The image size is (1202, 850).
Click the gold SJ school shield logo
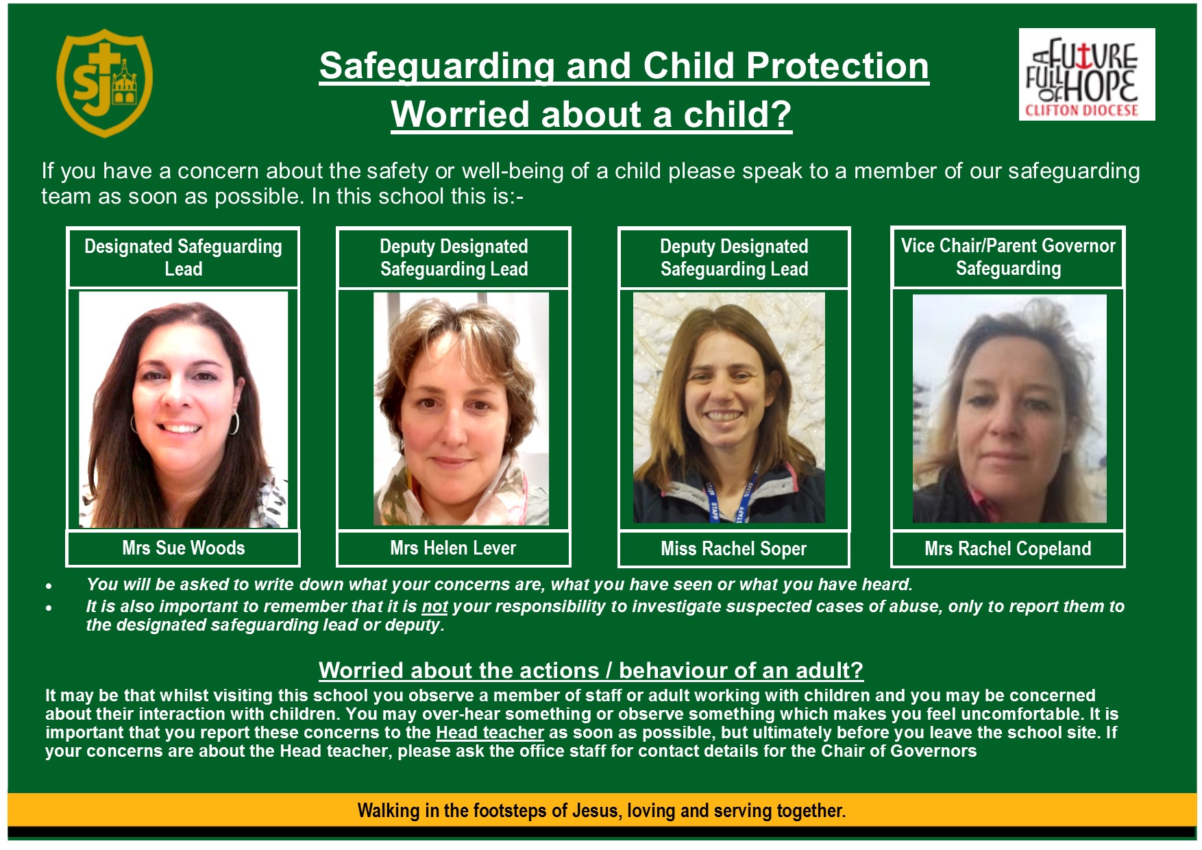[x=104, y=82]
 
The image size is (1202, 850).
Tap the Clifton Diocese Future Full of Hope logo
[x=1087, y=75]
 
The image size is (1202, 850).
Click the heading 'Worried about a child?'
[x=591, y=114]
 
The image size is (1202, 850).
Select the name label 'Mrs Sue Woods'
[x=183, y=548]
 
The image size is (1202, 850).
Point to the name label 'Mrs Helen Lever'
[x=453, y=548]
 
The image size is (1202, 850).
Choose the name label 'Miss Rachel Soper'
[x=733, y=549]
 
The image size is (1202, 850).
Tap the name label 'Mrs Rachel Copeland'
[x=1007, y=549]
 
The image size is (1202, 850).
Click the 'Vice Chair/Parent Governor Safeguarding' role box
[x=1008, y=257]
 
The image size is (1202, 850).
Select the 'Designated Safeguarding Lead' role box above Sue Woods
[x=183, y=258]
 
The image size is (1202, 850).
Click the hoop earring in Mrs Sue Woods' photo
[x=234, y=422]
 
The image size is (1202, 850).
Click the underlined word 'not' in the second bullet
[x=434, y=607]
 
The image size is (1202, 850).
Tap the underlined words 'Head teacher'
[x=490, y=733]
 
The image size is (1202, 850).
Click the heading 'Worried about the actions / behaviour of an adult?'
[x=591, y=670]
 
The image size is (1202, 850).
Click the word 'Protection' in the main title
[x=837, y=66]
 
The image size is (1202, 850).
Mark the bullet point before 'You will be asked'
[x=49, y=586]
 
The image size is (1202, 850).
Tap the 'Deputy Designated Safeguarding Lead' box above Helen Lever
[x=454, y=258]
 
